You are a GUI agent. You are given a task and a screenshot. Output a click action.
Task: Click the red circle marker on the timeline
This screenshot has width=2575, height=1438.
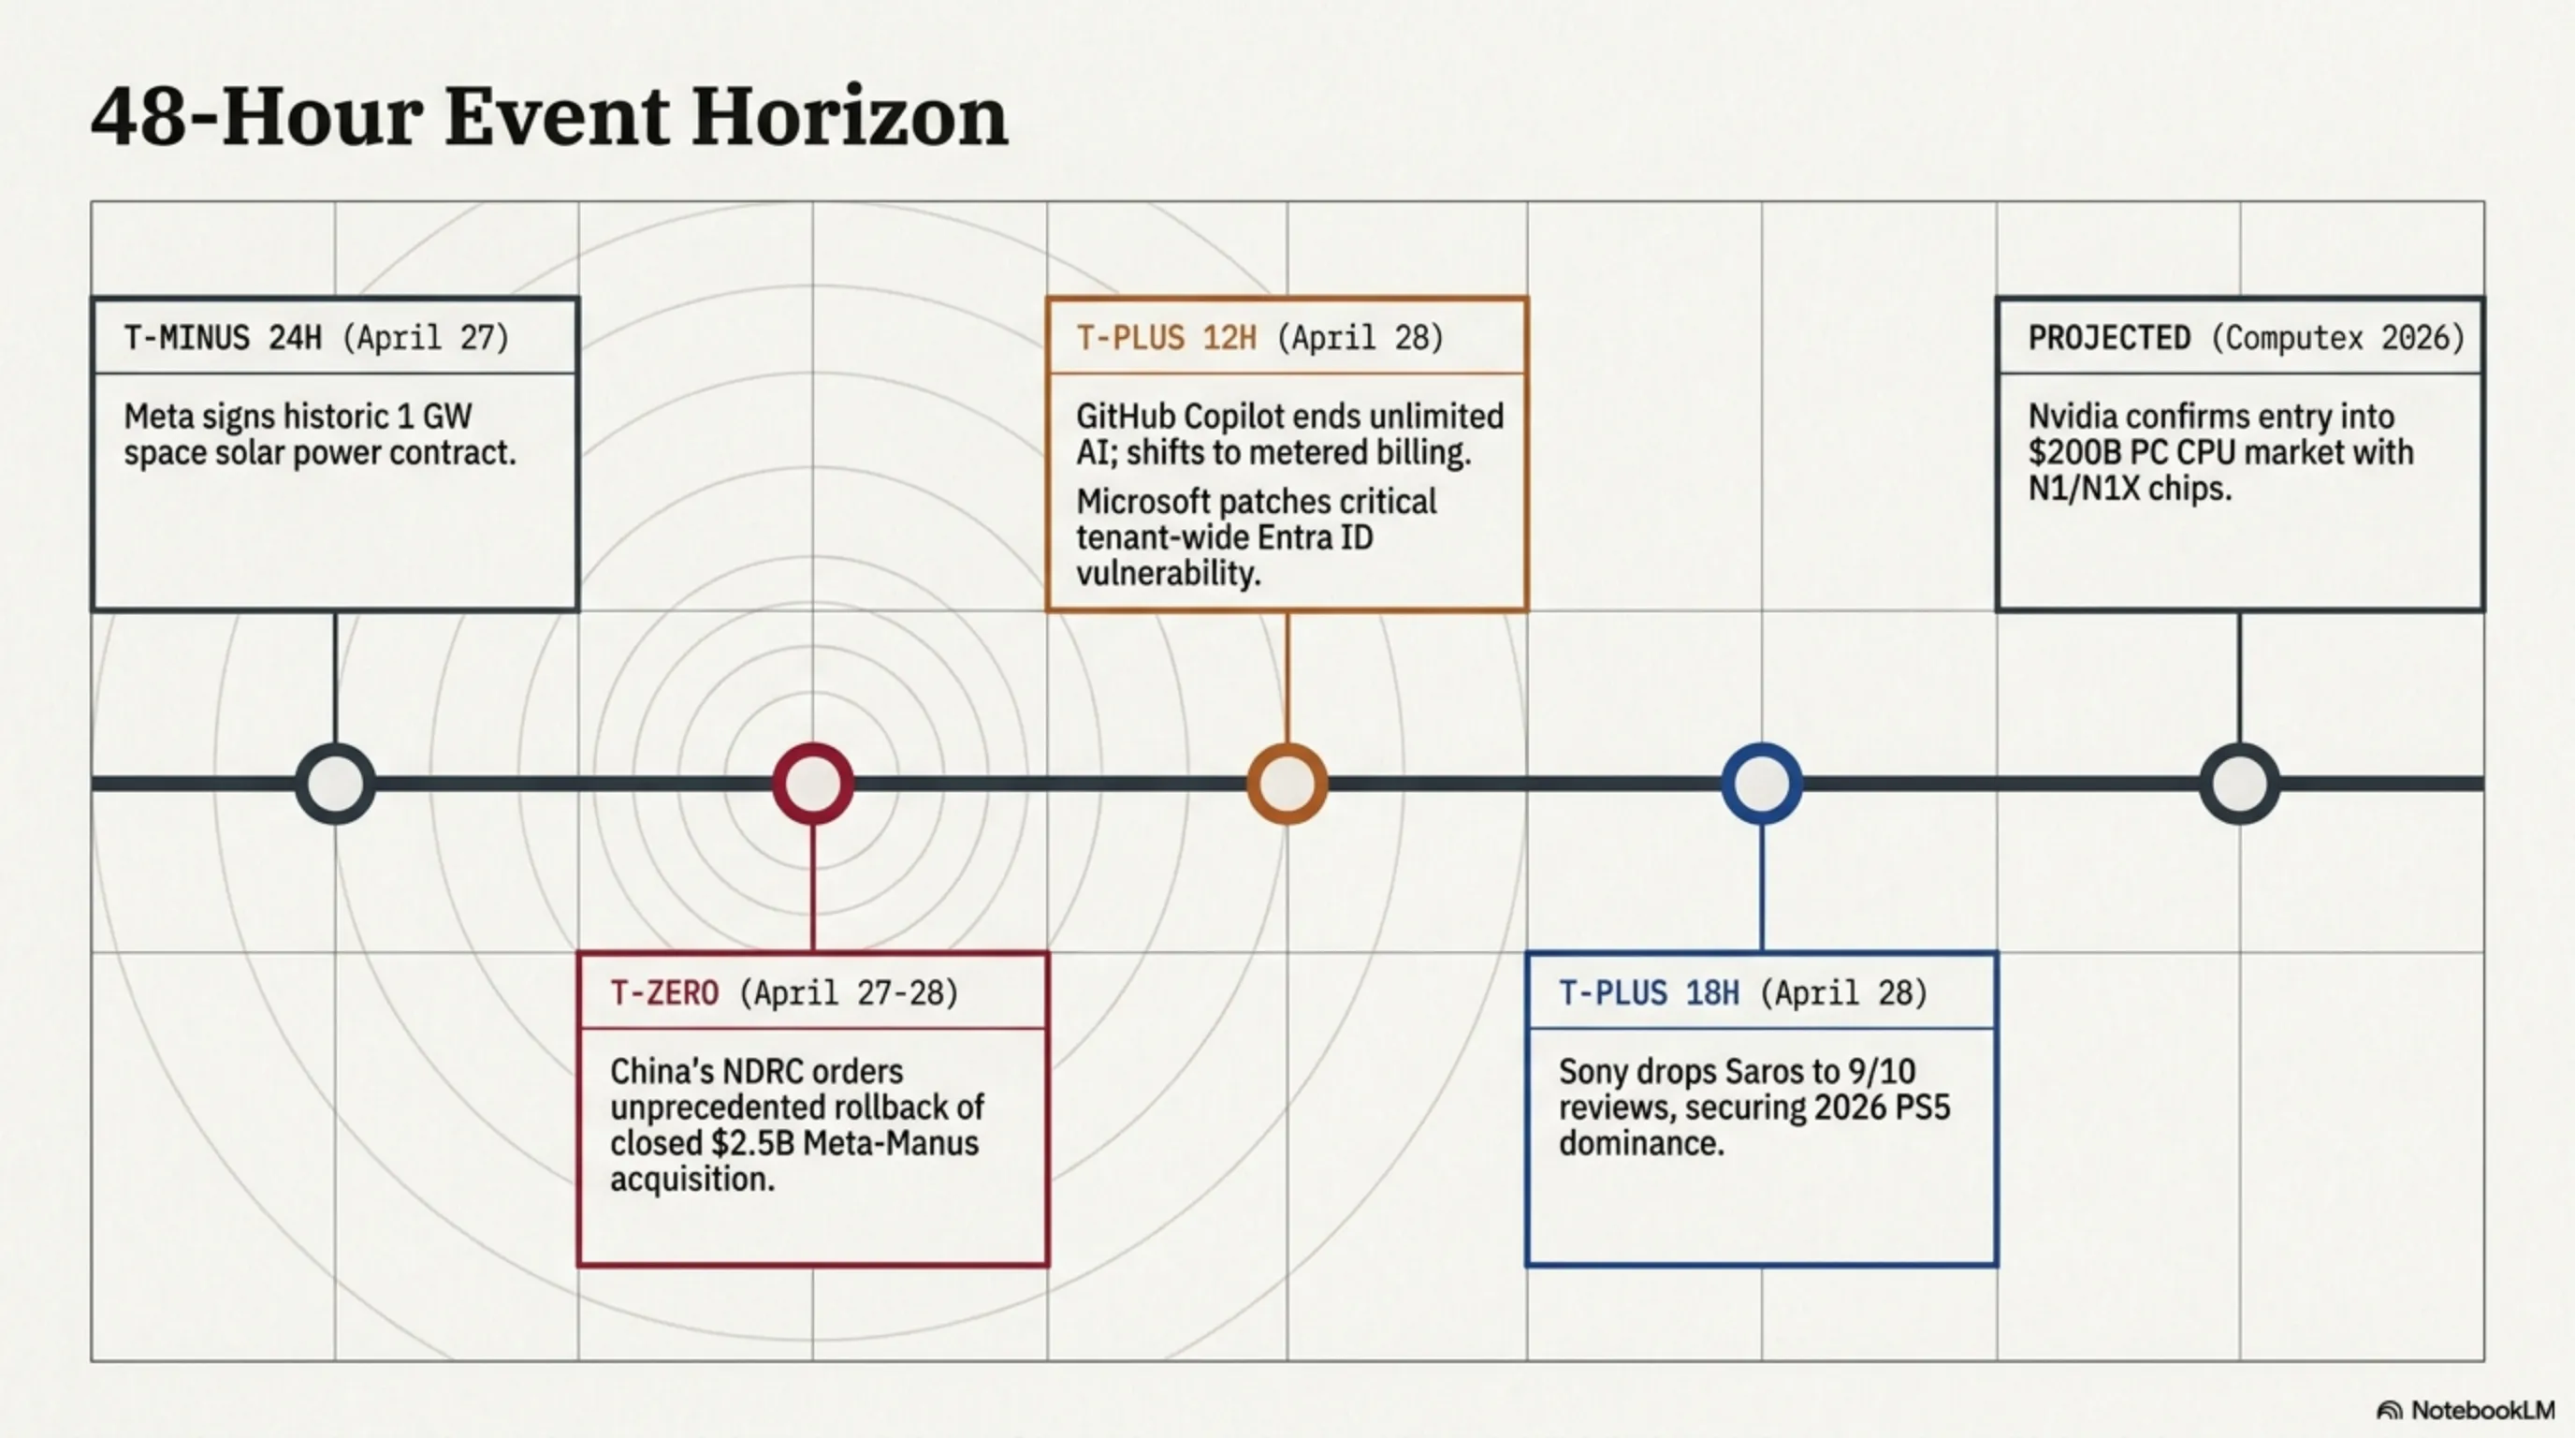[x=813, y=783]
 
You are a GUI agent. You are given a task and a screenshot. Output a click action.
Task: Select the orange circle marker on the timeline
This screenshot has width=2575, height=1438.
[x=1287, y=783]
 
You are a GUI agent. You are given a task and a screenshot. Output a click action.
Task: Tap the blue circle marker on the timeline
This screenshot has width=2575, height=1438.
[x=1761, y=783]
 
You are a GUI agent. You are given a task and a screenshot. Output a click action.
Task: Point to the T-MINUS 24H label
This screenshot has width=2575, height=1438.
[x=223, y=338]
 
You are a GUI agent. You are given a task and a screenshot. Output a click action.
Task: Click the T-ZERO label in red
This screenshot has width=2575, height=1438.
[x=663, y=993]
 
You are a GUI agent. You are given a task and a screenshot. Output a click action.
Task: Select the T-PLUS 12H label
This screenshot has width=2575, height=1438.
[x=1166, y=338]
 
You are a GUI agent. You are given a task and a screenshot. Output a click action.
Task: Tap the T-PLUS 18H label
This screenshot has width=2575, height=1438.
[x=1649, y=993]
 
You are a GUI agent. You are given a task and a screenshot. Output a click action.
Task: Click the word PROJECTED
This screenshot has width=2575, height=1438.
[x=2109, y=338]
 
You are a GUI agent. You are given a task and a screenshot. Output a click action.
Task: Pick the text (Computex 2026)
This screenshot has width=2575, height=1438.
[x=2337, y=338]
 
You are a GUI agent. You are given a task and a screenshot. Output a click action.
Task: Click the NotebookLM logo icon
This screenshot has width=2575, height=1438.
[x=2389, y=1411]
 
